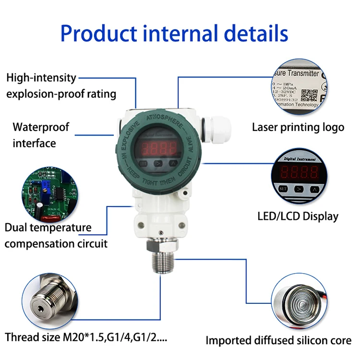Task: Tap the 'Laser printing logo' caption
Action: coord(298,127)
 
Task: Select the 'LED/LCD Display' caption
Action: coord(298,216)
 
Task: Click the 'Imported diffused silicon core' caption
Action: coord(278,341)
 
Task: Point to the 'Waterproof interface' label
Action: coord(40,135)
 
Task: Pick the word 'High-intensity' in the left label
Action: coord(41,77)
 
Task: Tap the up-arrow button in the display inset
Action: coord(314,190)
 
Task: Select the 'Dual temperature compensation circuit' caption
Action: coord(55,235)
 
